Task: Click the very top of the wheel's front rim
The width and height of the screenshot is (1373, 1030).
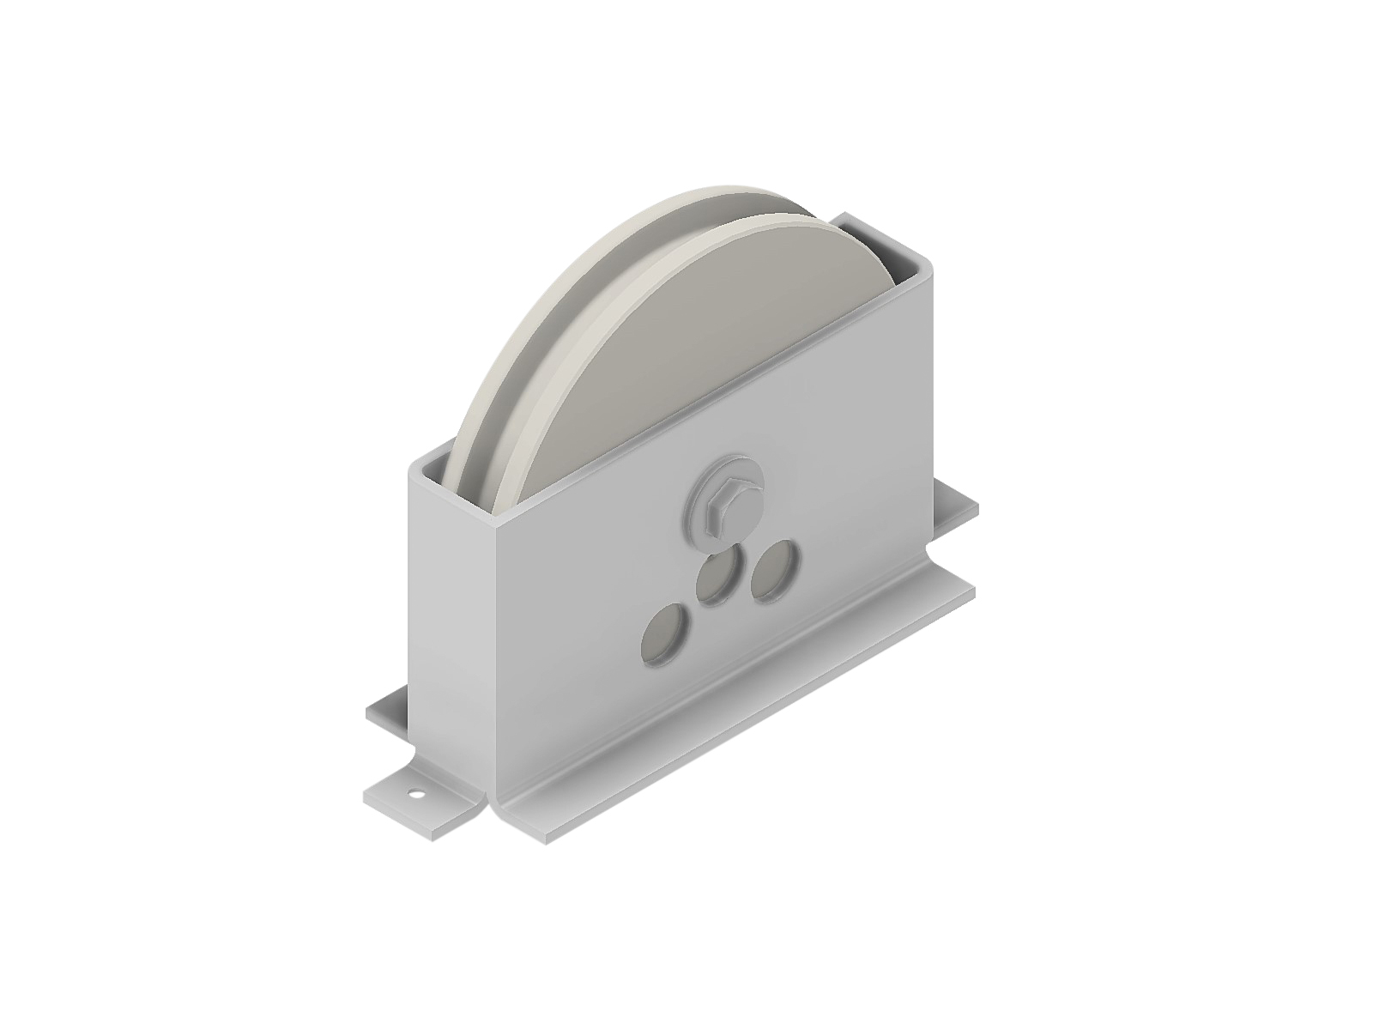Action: pos(772,217)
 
